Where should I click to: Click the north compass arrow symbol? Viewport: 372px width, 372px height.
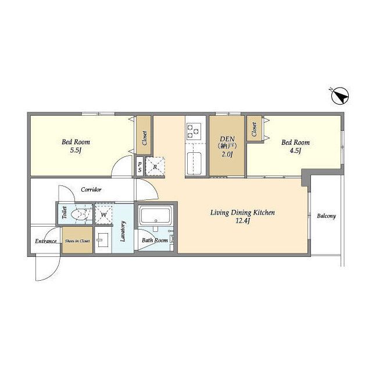coord(340,96)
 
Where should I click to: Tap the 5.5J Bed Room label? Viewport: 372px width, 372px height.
coord(76,146)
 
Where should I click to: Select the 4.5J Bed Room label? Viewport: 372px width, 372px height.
coord(296,146)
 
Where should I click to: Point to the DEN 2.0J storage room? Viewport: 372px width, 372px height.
coord(227,146)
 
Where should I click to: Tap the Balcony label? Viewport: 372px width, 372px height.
coord(327,216)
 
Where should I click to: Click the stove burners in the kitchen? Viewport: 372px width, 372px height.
coord(194,131)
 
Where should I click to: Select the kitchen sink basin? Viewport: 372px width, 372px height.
coord(194,163)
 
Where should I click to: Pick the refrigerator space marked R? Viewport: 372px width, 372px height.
coord(155,166)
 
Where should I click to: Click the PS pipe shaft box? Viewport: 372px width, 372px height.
coord(139,167)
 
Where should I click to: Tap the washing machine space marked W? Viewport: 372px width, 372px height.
coord(103,214)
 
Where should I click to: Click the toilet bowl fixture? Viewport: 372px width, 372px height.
coord(80,214)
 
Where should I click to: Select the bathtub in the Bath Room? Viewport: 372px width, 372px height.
coord(155,216)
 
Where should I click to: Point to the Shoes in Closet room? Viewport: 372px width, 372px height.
coord(77,240)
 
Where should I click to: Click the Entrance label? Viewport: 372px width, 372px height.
coord(46,241)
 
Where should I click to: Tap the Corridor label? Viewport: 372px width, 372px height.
coord(91,189)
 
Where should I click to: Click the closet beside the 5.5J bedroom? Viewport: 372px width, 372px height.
coord(144,135)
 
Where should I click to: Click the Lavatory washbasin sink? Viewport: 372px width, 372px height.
coord(103,240)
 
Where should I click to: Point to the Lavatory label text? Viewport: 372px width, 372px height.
coord(123,231)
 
